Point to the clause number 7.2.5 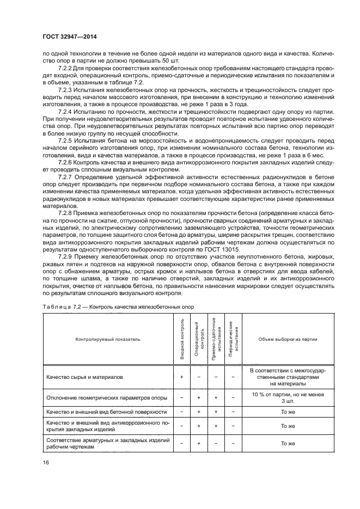tap(67, 140)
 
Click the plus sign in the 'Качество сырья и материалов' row tap(181, 377)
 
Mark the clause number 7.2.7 tap(67, 177)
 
